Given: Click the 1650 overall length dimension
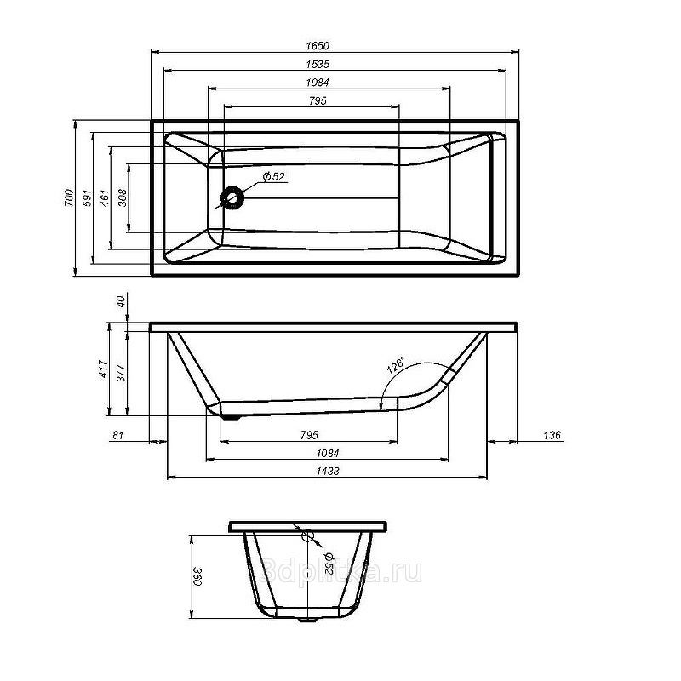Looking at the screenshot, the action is click(318, 46).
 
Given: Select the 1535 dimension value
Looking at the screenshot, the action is click(318, 65).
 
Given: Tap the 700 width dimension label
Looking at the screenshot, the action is click(70, 197).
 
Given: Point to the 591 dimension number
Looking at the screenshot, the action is click(88, 197).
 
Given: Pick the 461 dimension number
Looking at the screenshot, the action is click(106, 197).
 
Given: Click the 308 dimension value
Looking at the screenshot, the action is click(123, 197).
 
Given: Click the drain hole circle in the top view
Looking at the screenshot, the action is click(232, 197).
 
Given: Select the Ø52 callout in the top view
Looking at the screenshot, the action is click(273, 176).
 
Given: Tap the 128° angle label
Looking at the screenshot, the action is click(396, 365).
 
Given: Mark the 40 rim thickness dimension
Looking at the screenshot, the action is click(122, 300).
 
